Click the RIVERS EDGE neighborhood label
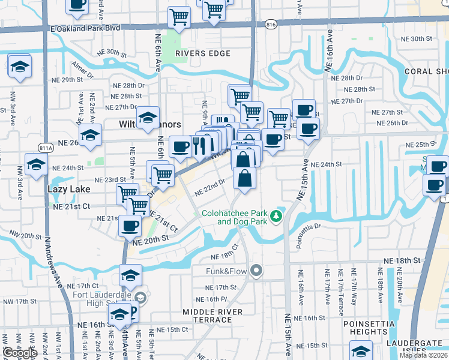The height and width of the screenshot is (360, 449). [x=203, y=53]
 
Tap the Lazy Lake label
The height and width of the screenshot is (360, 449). [x=69, y=189]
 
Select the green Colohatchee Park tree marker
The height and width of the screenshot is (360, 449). [x=276, y=215]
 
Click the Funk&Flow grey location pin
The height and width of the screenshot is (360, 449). [x=257, y=271]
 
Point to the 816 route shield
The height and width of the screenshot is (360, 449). [x=270, y=25]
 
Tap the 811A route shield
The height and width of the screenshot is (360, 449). [x=44, y=147]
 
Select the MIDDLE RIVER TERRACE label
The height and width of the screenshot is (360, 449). [x=213, y=316]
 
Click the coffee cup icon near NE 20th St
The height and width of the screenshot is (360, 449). [x=130, y=226]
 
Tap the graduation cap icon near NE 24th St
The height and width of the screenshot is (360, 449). [x=36, y=164]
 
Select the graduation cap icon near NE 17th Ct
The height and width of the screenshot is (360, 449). [x=130, y=275]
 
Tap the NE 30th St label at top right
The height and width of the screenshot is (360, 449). [x=412, y=38]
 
